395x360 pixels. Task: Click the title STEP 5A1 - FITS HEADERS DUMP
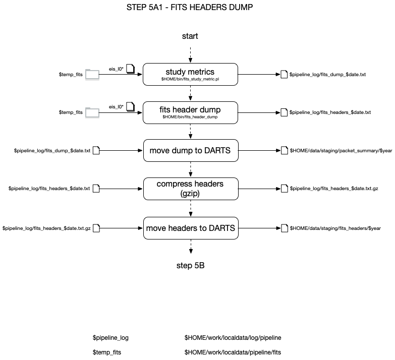pos(190,7)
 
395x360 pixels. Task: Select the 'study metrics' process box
pos(190,74)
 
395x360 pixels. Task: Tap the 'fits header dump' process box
pos(190,112)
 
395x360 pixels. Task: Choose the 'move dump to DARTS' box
pos(191,151)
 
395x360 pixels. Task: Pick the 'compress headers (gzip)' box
pos(191,189)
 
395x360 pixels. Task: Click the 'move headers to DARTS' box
pos(191,228)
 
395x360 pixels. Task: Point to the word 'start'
pos(190,36)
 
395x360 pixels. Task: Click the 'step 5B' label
pos(191,265)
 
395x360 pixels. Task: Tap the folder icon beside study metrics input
pos(92,75)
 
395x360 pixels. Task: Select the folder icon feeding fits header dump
pos(92,112)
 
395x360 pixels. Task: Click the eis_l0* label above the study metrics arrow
pos(116,69)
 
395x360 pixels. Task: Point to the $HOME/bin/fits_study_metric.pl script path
pos(190,79)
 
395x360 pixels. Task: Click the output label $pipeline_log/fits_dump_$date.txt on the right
pos(327,75)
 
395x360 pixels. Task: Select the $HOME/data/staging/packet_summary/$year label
pos(341,151)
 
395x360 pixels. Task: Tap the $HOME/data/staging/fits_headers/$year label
pos(335,228)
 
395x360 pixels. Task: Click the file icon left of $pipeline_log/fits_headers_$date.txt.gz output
pos(285,189)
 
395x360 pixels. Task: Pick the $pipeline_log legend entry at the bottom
pos(110,338)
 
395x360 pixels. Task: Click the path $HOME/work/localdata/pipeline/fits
pos(233,352)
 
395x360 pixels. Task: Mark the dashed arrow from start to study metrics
pos(191,54)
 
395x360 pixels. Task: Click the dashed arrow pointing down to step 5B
pos(191,247)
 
